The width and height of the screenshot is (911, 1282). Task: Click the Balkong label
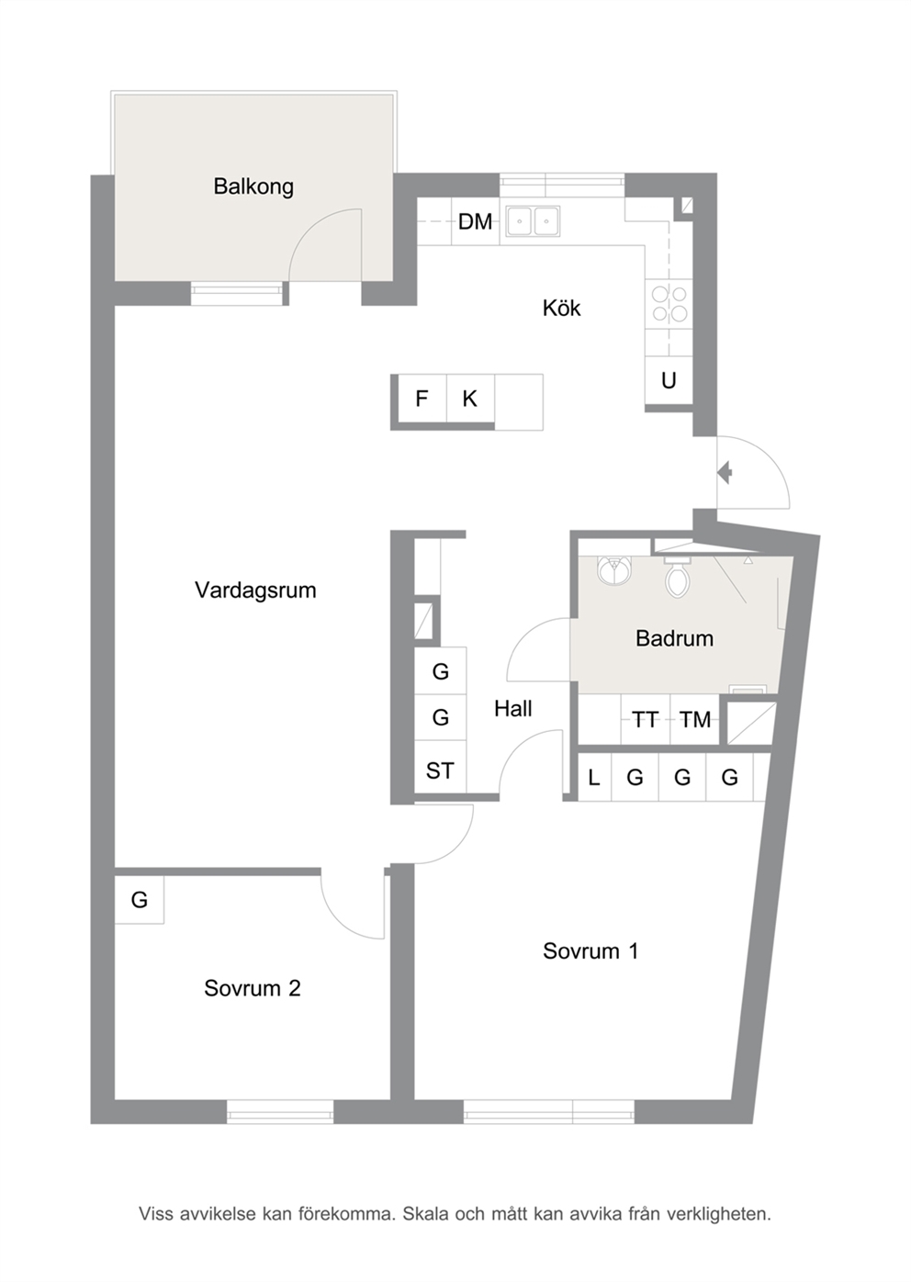(253, 186)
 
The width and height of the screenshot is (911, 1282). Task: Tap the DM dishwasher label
(475, 221)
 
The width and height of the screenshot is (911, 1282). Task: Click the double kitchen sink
(531, 221)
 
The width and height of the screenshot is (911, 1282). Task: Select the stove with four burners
(669, 304)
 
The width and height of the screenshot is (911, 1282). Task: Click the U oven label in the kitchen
(669, 380)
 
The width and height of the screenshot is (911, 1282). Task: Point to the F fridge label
(422, 399)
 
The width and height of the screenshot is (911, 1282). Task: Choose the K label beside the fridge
(469, 399)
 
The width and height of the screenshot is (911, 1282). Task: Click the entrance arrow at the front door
(725, 473)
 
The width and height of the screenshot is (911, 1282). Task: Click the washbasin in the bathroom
(615, 570)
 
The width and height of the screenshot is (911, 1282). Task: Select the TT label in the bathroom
(646, 719)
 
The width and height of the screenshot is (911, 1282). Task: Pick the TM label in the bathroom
(695, 719)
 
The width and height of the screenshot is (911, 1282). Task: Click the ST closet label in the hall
(440, 770)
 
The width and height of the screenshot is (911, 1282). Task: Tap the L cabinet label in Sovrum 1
(594, 777)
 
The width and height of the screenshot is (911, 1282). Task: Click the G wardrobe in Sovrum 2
(140, 900)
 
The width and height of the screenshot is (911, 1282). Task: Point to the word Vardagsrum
(255, 590)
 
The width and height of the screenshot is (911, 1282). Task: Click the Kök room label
(561, 308)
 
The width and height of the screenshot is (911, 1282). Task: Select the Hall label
(512, 709)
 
